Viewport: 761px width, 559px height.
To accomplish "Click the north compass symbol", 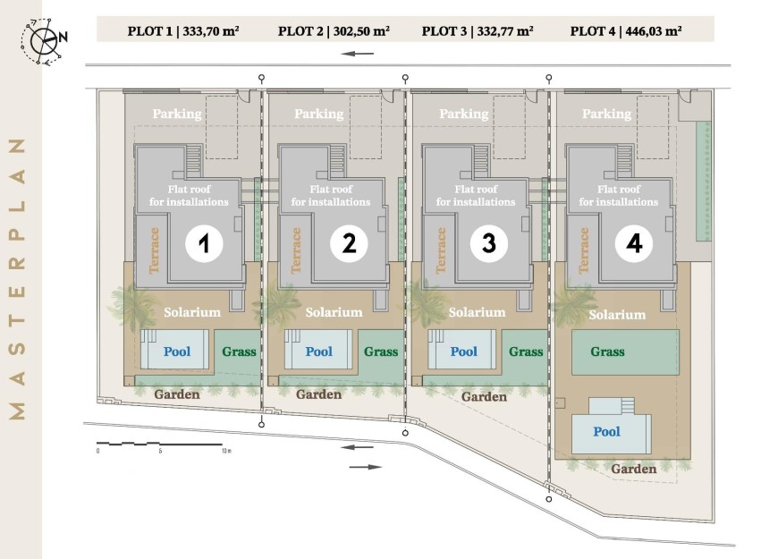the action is [44, 41].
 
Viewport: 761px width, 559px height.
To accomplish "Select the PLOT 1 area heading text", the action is [183, 31].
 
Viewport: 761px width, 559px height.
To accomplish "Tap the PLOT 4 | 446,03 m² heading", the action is [626, 31].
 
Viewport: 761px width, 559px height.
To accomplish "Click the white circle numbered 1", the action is [204, 243].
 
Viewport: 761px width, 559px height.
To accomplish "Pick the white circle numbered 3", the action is [489, 243].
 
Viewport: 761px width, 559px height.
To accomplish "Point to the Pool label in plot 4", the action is [606, 431].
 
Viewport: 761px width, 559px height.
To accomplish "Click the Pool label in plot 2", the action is [319, 351].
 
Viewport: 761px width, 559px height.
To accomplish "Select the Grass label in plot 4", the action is [607, 351].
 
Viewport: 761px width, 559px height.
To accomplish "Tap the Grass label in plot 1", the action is [239, 351].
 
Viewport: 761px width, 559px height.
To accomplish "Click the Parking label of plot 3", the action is [463, 114].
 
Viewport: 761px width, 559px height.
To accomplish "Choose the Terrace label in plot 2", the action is [296, 250].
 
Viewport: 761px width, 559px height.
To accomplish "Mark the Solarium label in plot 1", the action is [192, 312].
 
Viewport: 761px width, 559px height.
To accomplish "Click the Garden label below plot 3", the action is [484, 397].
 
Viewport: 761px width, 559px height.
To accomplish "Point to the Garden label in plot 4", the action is [633, 469].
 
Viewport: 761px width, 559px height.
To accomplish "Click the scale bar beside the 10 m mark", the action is [160, 444].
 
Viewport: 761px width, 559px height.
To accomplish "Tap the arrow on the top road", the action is [358, 54].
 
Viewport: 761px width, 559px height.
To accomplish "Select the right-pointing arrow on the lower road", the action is [366, 467].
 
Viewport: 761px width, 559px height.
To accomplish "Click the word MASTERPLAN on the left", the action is [18, 279].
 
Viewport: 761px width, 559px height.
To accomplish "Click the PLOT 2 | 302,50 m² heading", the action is [334, 31].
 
